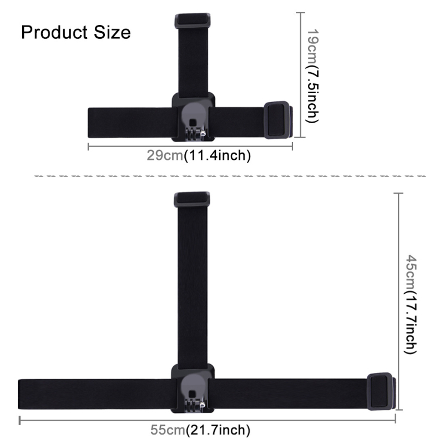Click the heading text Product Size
pos(76,32)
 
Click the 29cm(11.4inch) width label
pos(199,156)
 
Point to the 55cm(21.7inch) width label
pos(201,430)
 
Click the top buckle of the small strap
pos(193,21)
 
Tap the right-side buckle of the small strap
pos(277,119)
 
